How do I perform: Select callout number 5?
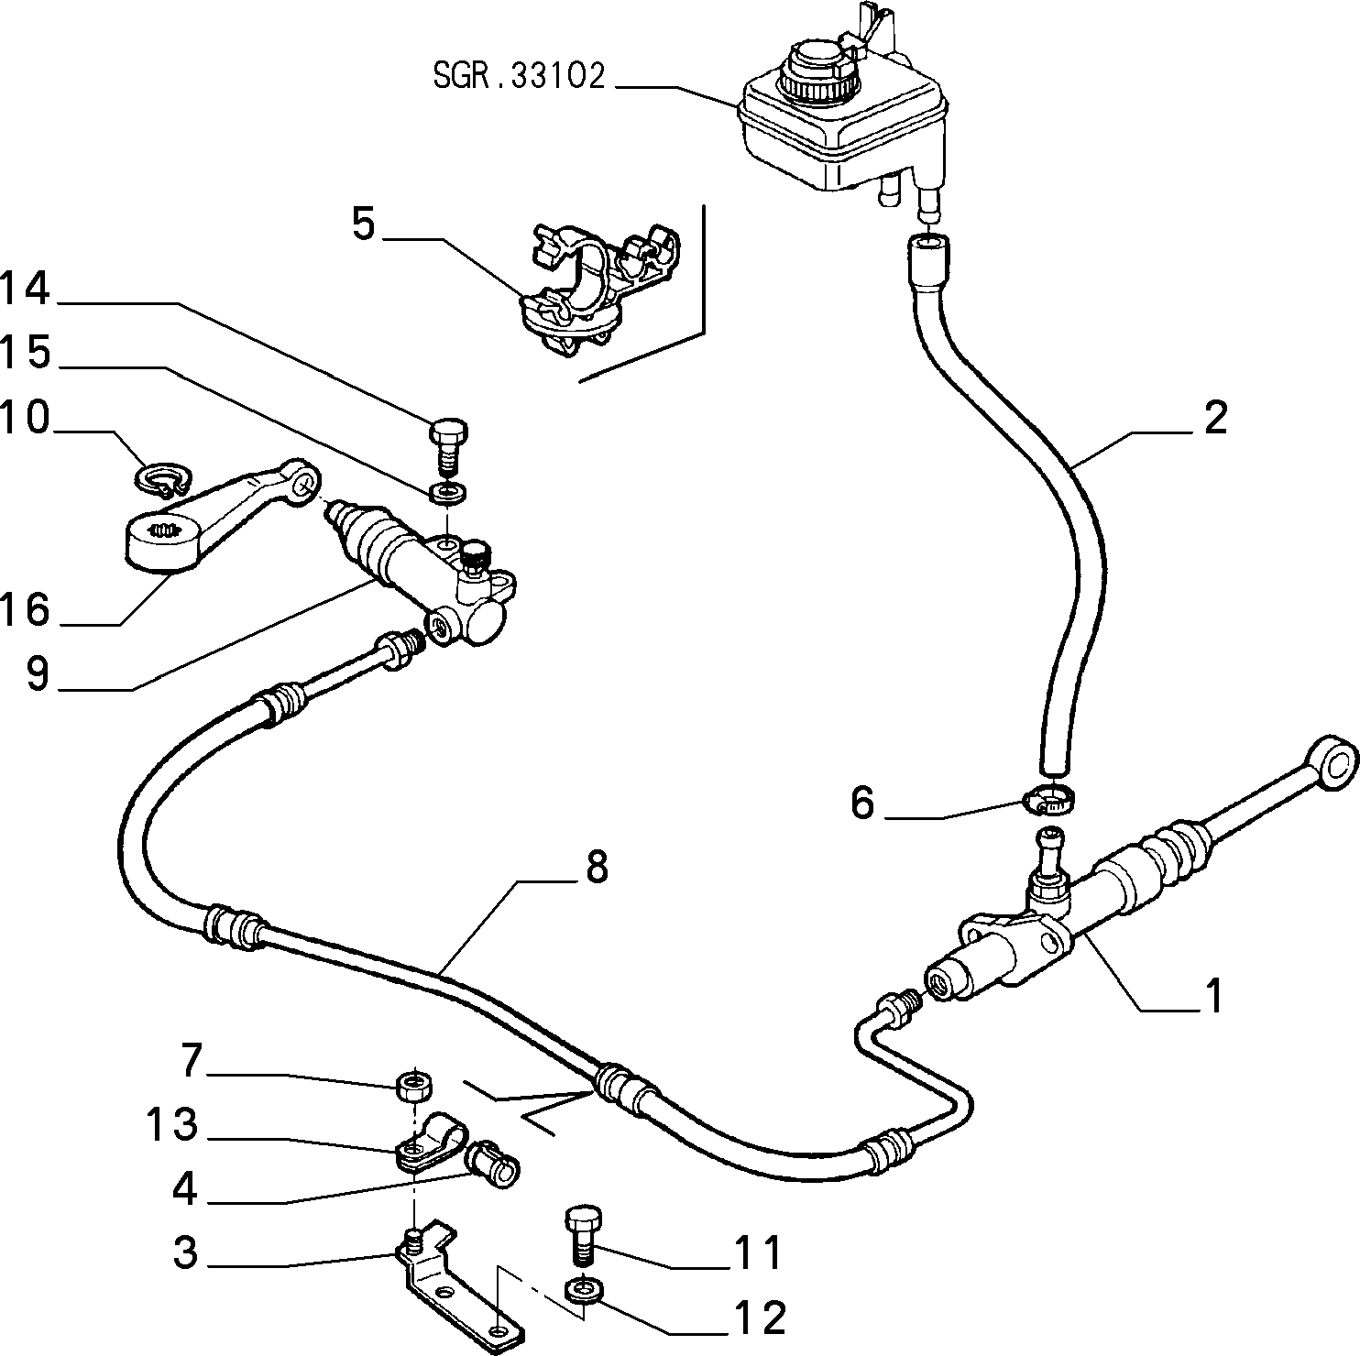(x=365, y=224)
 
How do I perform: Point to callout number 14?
(x=25, y=289)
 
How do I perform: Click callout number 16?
(x=25, y=609)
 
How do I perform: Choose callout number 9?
(x=38, y=674)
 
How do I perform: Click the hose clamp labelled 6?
(x=1048, y=800)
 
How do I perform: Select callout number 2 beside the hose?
(x=1215, y=418)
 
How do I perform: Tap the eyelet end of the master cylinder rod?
(x=1335, y=760)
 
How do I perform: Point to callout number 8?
(x=597, y=866)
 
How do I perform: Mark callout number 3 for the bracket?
(x=186, y=1252)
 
